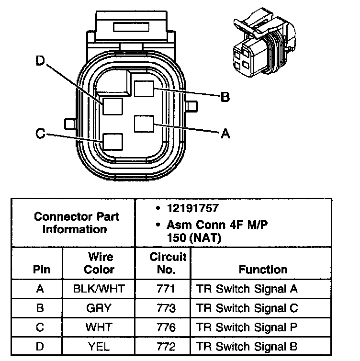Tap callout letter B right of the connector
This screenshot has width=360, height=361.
[x=225, y=97]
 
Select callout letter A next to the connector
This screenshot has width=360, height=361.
[x=225, y=134]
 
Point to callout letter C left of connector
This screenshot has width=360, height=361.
[x=40, y=134]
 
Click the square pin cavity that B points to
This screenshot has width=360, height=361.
[x=144, y=89]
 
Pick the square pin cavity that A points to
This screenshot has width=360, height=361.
[x=144, y=124]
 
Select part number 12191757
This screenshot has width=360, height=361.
[x=192, y=209]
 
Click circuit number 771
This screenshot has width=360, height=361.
[x=166, y=289]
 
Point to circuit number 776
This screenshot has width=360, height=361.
[x=166, y=327]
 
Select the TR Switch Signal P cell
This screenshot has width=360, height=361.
[x=247, y=327]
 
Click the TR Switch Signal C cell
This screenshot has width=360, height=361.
[x=247, y=308]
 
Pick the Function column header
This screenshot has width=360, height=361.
[x=263, y=270]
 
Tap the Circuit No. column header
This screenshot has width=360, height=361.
[x=166, y=263]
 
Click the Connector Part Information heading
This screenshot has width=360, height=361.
[x=77, y=223]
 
